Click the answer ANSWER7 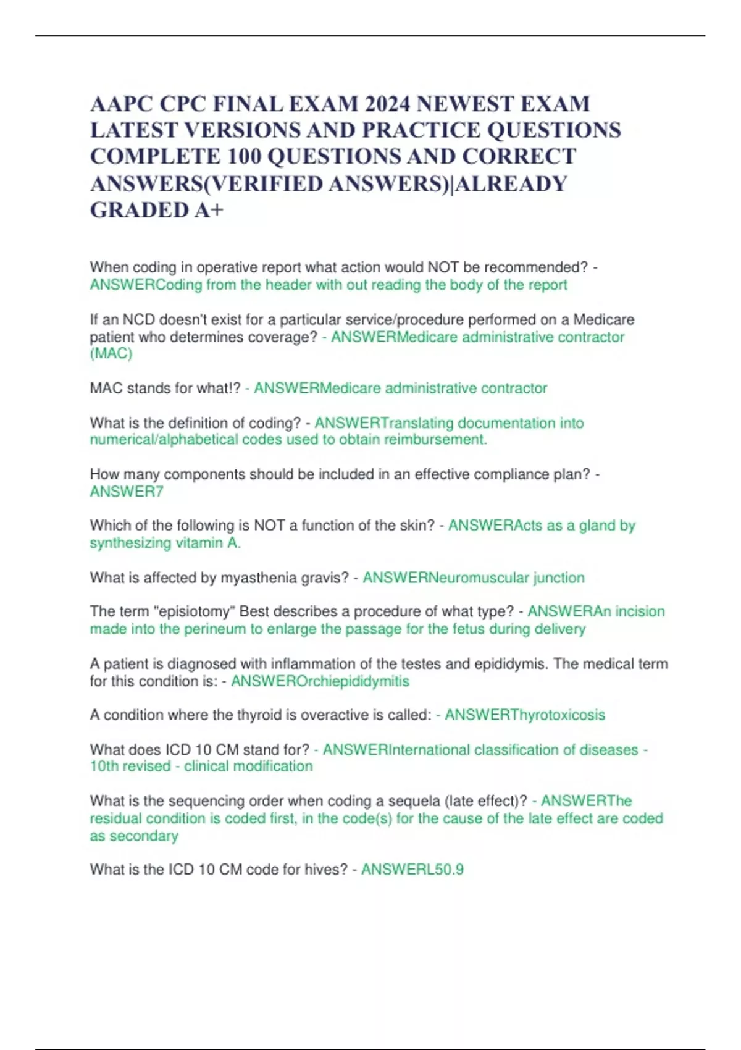point(127,492)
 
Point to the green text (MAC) point(111,354)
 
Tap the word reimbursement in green point(436,440)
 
